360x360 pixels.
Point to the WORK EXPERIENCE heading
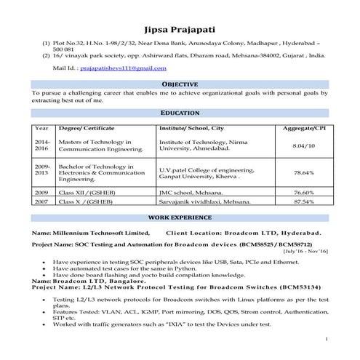click(x=180, y=217)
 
